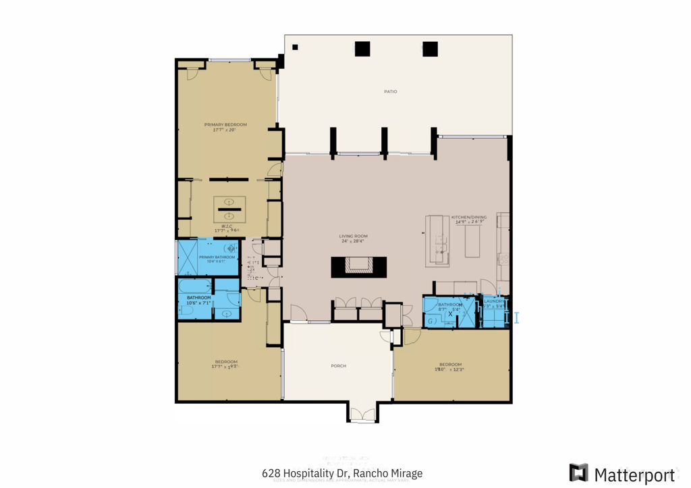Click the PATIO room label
(390, 92)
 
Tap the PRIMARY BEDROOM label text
(225, 125)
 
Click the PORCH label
(338, 366)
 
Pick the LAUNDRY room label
(493, 301)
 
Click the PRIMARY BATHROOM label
(217, 257)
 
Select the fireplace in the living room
(360, 266)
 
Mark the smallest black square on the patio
(295, 47)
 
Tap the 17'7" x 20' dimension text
(225, 130)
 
